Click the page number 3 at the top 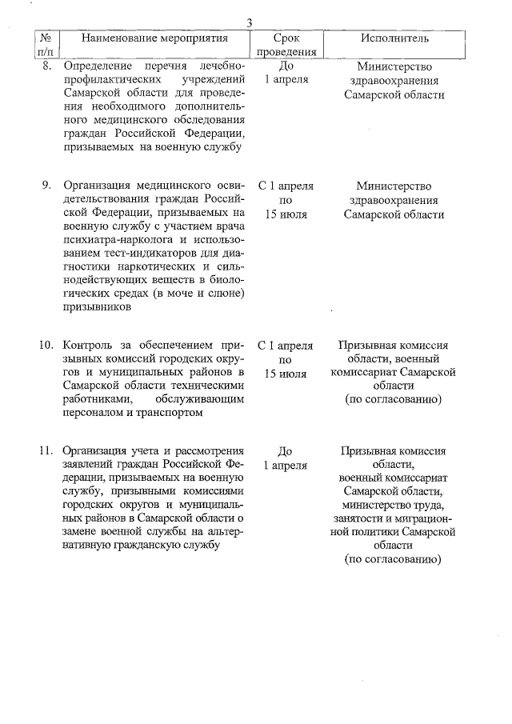pyautogui.click(x=250, y=23)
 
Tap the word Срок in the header pyautogui.click(x=286, y=38)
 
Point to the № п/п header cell pyautogui.click(x=46, y=45)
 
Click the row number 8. pyautogui.click(x=46, y=66)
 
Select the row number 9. pyautogui.click(x=46, y=186)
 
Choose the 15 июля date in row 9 pyautogui.click(x=286, y=214)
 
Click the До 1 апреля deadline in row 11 pyautogui.click(x=286, y=458)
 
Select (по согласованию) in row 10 pyautogui.click(x=393, y=398)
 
